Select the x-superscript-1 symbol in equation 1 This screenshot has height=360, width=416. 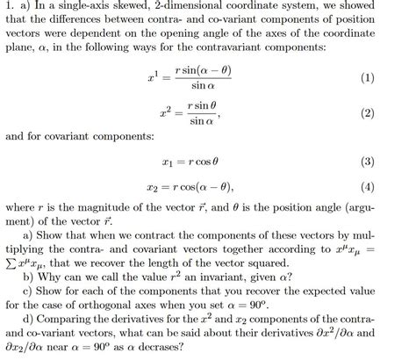pos(156,79)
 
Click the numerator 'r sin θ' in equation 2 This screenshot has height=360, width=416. pos(204,105)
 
